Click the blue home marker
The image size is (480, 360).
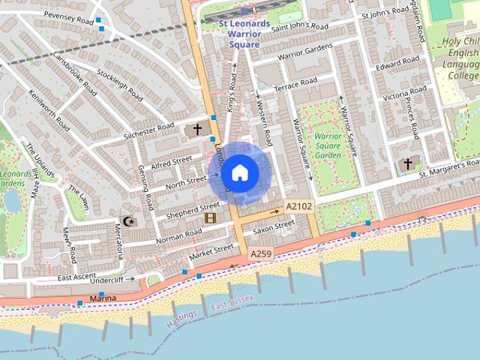(x=239, y=173)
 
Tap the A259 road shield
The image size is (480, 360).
(x=261, y=254)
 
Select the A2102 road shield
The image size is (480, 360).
(x=298, y=206)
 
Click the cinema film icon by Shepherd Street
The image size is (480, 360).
(x=210, y=218)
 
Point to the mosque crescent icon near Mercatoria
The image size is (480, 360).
(x=127, y=221)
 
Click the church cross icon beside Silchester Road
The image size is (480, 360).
(x=197, y=130)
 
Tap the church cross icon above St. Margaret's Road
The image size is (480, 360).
(x=408, y=163)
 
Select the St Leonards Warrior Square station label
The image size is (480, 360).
(x=244, y=34)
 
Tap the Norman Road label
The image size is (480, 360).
(x=178, y=236)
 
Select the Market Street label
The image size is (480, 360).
(x=212, y=253)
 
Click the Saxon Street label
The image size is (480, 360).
(x=274, y=226)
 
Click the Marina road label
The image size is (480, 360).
(x=103, y=298)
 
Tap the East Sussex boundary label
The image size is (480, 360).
(x=232, y=303)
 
